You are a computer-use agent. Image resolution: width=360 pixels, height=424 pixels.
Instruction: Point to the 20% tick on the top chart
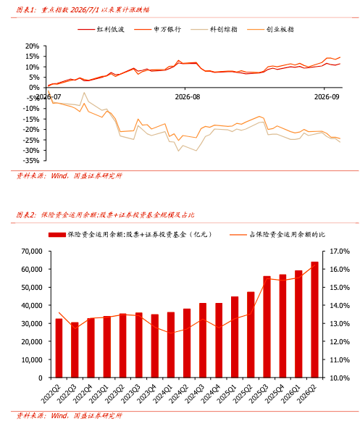coord(33,46)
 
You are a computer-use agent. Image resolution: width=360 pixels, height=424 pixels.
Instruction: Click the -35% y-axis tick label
coord(31,161)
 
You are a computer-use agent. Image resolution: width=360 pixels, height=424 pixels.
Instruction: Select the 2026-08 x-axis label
coord(188,97)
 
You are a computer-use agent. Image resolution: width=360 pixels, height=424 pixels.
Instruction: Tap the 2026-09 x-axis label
coord(327,97)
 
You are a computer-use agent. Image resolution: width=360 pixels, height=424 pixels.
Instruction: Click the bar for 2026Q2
coord(314,320)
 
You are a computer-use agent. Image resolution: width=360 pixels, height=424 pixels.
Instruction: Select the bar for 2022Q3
coord(75,350)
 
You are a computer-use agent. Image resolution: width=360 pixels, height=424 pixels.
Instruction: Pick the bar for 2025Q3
coord(267,327)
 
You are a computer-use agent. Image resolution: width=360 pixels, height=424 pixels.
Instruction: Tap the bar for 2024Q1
coord(171,345)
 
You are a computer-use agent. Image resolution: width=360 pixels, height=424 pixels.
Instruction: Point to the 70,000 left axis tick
coord(32,252)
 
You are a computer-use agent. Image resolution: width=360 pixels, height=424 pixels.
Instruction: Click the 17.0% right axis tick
coord(340,252)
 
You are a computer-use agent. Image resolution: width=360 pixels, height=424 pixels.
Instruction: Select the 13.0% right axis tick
coord(340,324)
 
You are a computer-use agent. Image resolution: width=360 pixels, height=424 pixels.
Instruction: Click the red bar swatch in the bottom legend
coord(57,235)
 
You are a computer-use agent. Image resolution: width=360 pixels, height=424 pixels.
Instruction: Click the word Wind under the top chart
coord(59,176)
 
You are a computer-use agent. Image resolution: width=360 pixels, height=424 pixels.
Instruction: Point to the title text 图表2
coord(26,215)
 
